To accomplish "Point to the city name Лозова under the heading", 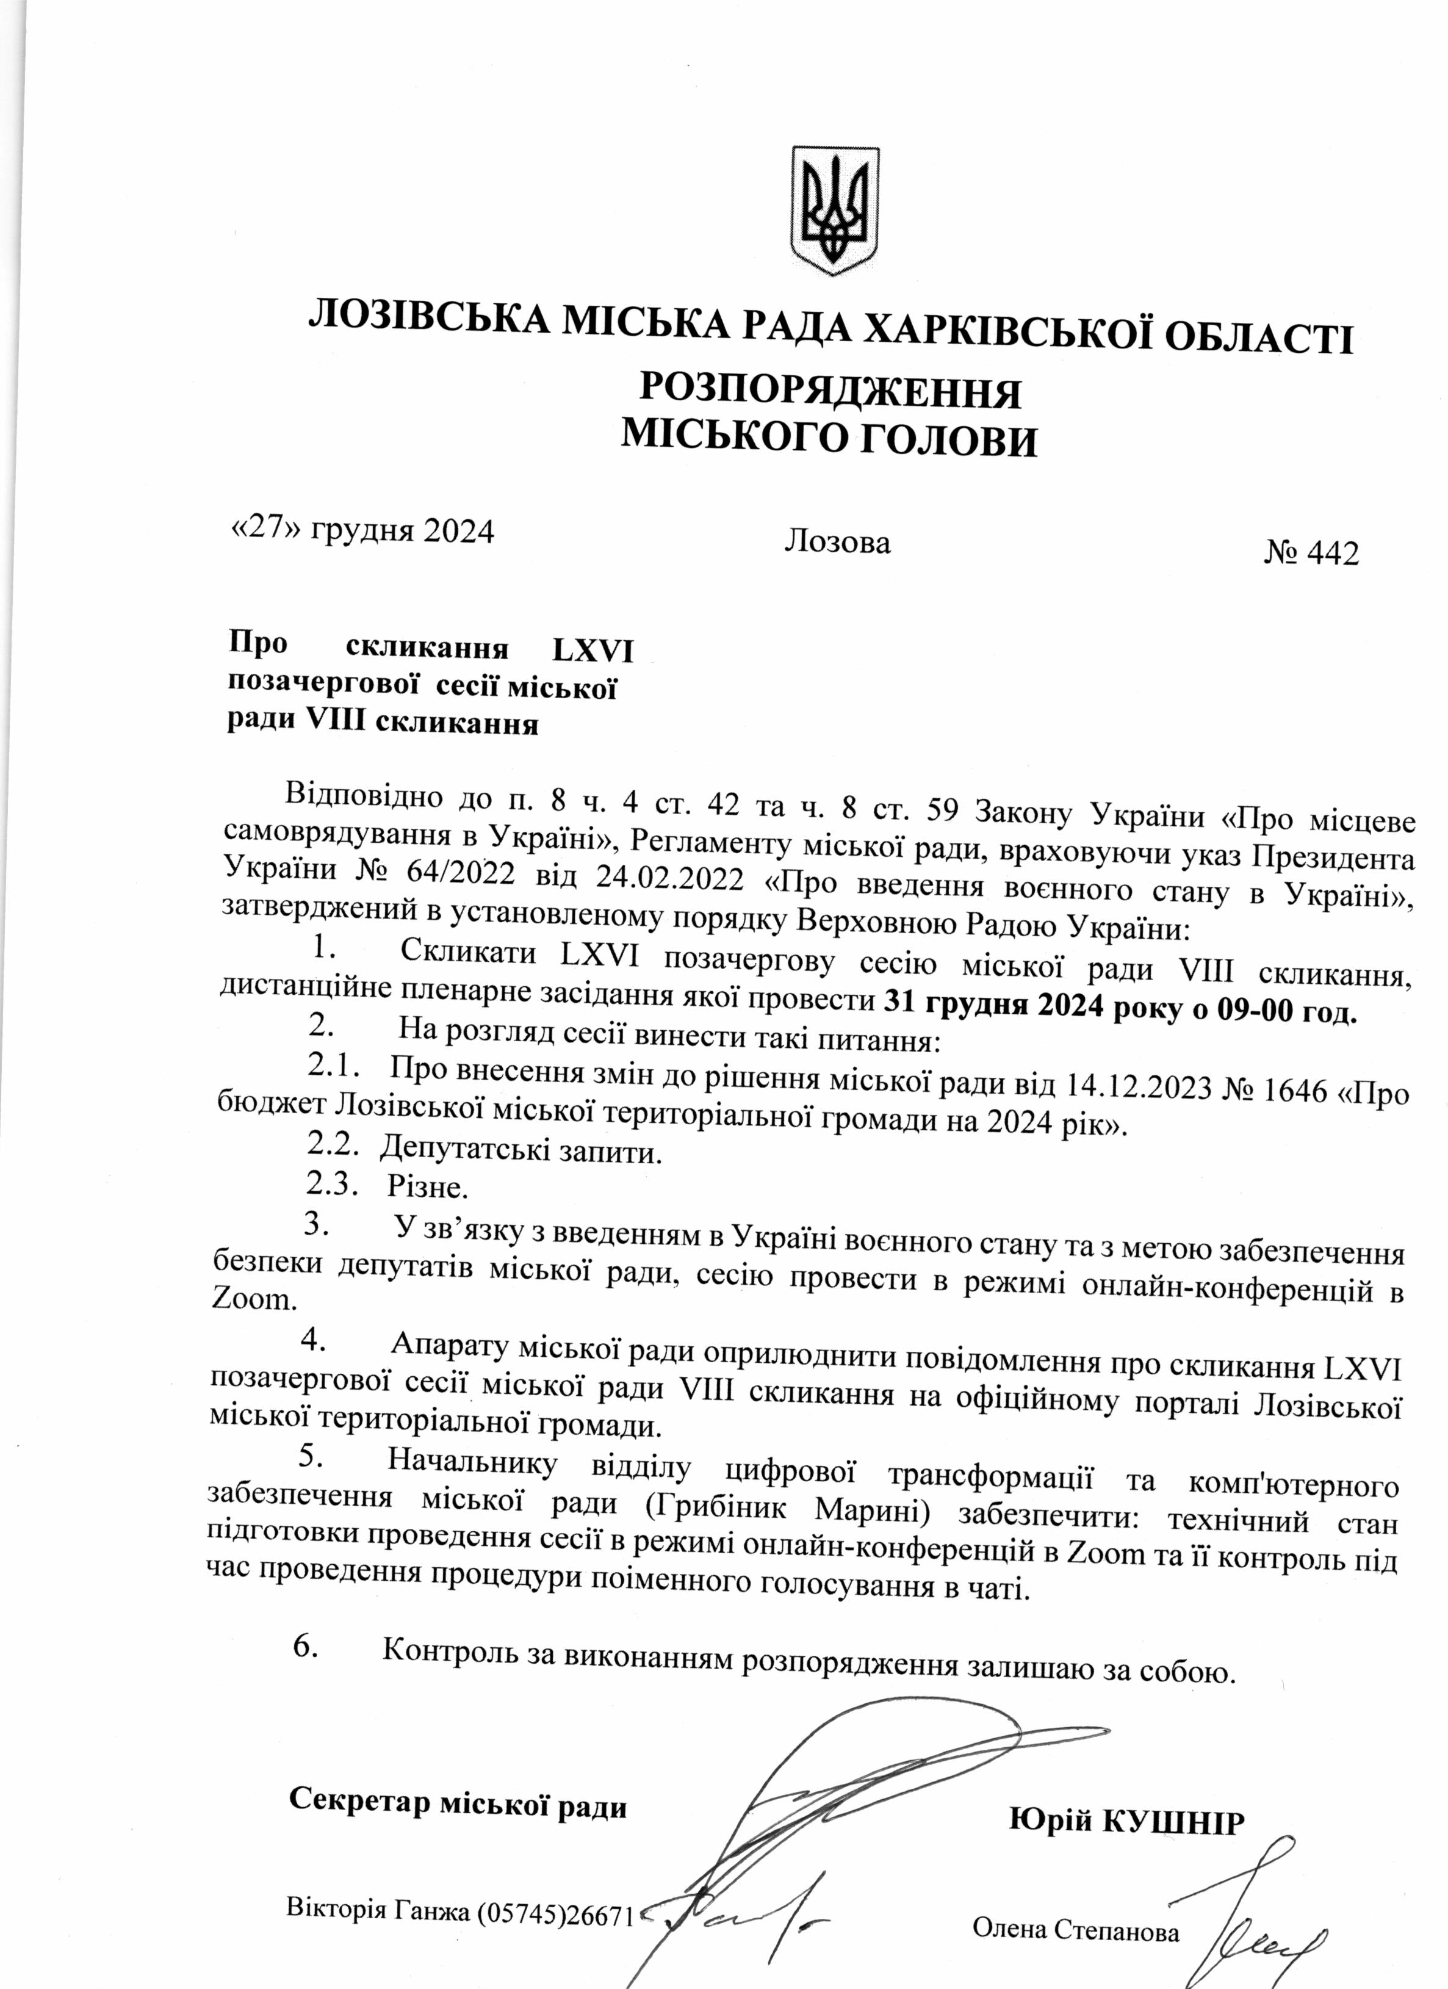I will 838,542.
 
